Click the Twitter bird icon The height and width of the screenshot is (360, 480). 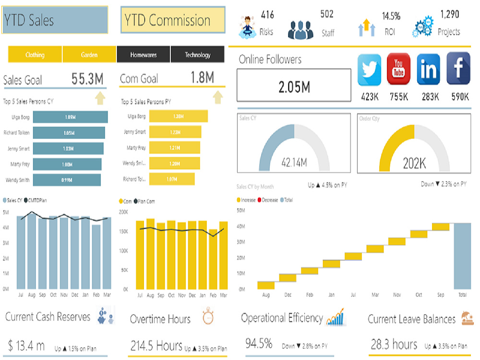click(x=369, y=70)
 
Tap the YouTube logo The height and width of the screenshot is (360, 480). click(x=398, y=70)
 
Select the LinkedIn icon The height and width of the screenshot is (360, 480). click(x=428, y=70)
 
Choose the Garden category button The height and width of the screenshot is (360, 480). click(x=89, y=55)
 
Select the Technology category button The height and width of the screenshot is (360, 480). click(x=198, y=55)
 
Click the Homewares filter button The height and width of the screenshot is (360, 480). click(x=144, y=55)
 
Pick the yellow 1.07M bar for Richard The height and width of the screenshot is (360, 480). click(x=172, y=180)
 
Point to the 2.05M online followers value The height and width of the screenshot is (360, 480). click(x=294, y=87)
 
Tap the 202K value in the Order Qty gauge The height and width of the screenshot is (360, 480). click(x=414, y=163)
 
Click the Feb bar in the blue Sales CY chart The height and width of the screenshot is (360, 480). click(x=96, y=257)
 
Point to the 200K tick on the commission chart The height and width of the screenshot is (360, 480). click(x=123, y=211)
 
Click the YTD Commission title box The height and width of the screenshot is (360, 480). click(x=173, y=20)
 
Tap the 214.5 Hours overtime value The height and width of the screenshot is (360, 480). click(x=156, y=346)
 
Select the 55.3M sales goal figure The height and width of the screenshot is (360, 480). click(x=88, y=79)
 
